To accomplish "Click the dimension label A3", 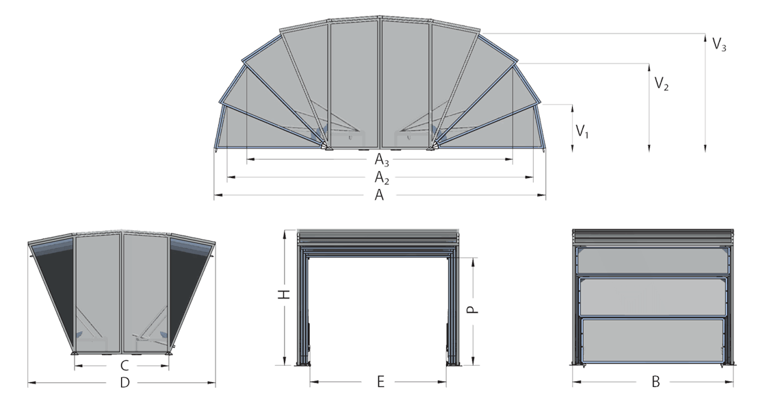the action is coord(382,160).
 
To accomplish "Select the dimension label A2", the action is coord(382,178).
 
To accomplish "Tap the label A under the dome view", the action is coord(379,196).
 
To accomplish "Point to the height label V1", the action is coord(582,131).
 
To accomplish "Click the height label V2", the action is coord(661,83).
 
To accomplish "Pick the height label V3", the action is coord(719,45).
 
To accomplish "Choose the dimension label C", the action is coord(125,366).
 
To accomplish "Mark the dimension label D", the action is coord(125,383).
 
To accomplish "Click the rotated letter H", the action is coord(283,294).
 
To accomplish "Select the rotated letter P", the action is coord(473,310).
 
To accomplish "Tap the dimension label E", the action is coord(380,382).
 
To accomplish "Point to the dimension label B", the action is coord(655,382).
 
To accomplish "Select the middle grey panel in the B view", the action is coord(653,297).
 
